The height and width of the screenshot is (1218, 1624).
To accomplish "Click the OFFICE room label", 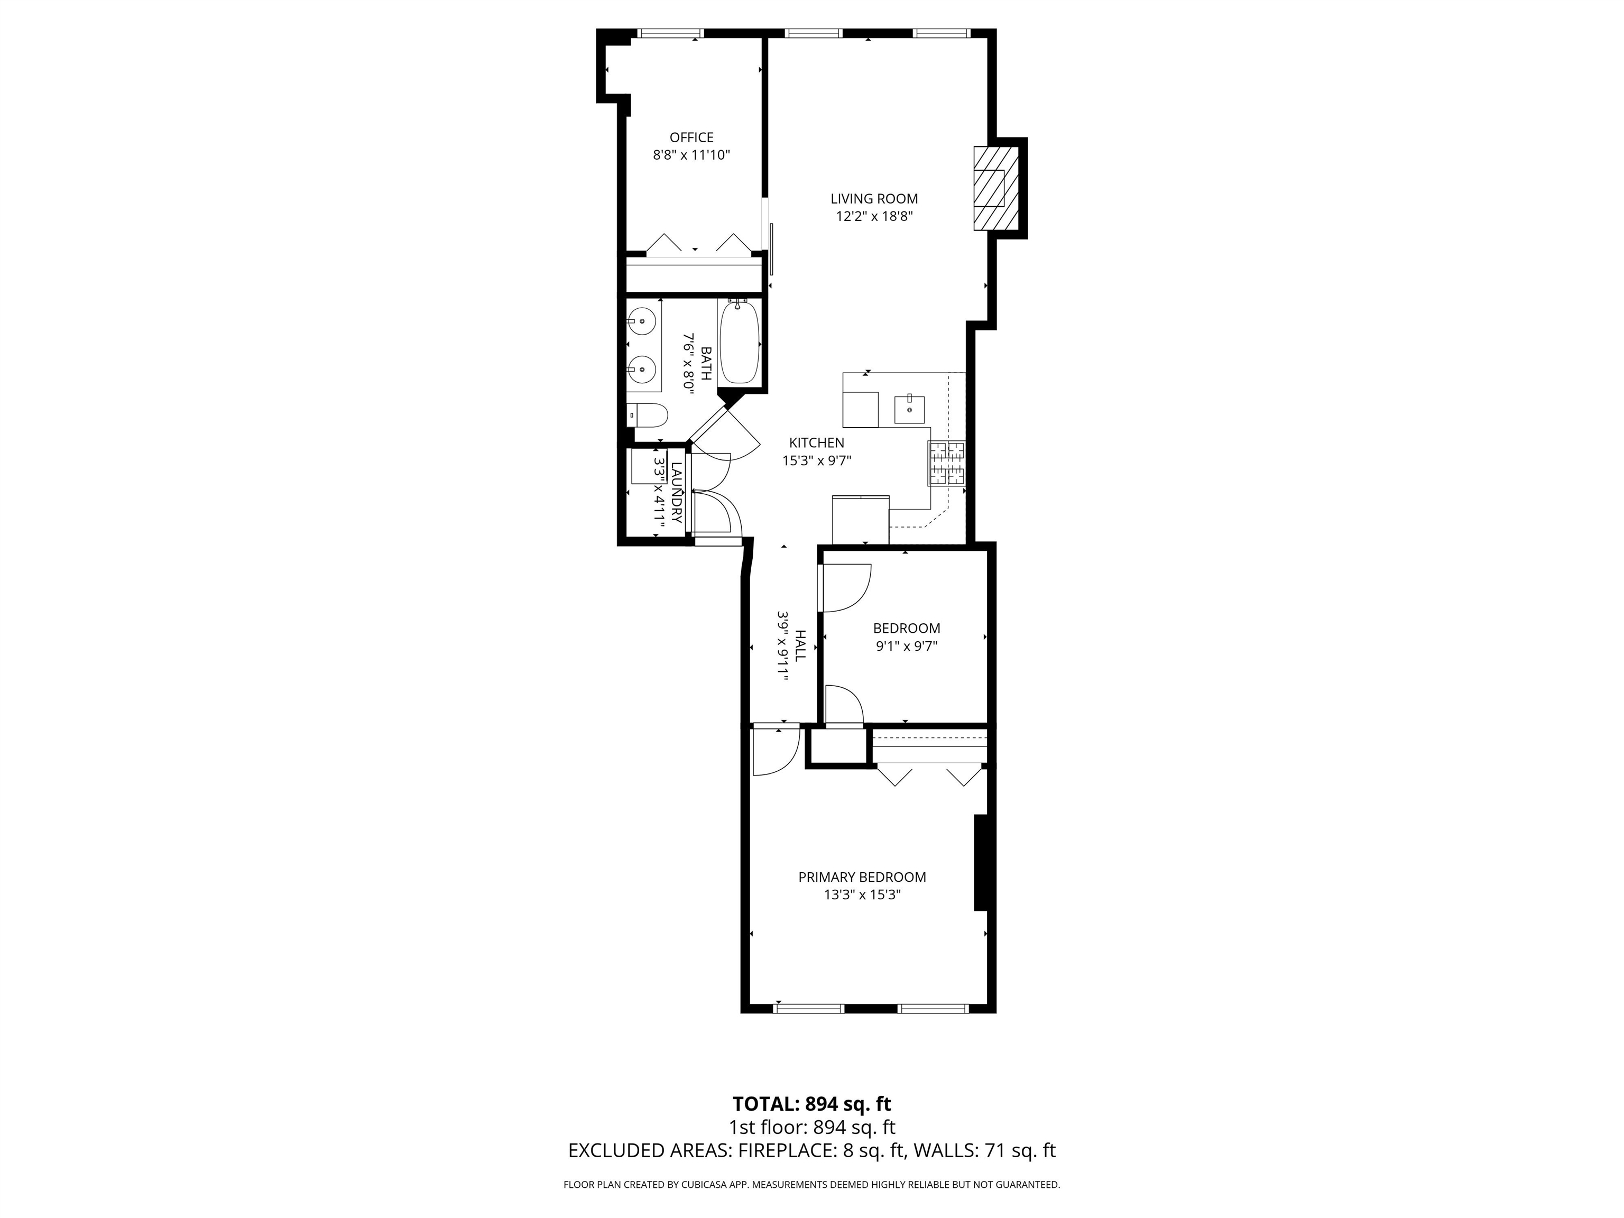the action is [x=691, y=137].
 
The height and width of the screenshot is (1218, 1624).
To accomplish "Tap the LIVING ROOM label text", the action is [x=874, y=198].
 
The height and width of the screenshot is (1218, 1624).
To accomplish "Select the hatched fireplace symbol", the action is [x=996, y=189].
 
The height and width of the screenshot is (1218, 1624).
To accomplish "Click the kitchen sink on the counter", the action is [x=910, y=409].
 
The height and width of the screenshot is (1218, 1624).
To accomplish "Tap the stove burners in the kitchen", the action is [x=947, y=463].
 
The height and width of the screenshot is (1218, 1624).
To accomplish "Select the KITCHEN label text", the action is [x=816, y=442].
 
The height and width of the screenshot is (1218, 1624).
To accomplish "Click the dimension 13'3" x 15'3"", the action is [x=862, y=895].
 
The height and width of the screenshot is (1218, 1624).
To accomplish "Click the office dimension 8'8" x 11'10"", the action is [x=691, y=155].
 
